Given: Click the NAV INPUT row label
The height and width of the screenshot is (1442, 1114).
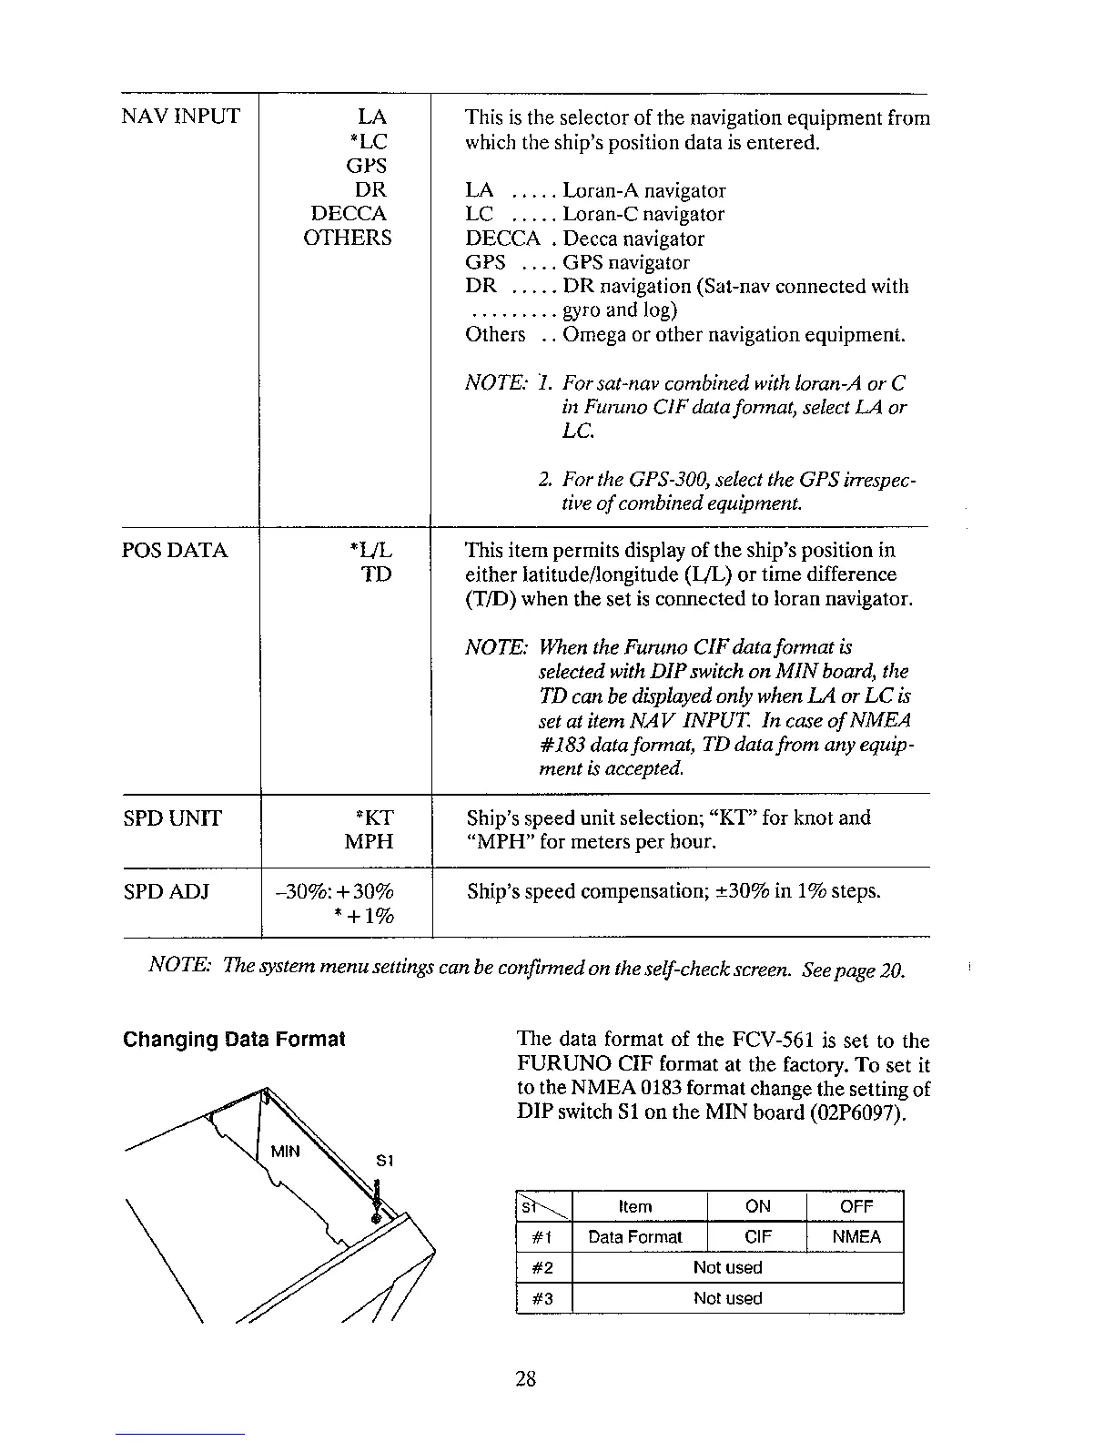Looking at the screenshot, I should pos(181,117).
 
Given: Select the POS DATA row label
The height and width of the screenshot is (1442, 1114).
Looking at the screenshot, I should pos(175,551).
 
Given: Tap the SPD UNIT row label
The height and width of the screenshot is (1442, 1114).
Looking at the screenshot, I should pos(172,818).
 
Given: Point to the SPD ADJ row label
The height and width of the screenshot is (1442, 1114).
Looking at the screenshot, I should pos(167,891).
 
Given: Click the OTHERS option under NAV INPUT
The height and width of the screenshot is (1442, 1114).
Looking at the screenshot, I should pos(348,239).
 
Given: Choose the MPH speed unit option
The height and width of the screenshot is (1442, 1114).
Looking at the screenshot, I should pos(369,842).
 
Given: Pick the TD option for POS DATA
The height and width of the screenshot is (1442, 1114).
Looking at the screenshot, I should pos(377,574).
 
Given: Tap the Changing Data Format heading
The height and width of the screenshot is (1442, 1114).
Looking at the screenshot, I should pos(234,1040).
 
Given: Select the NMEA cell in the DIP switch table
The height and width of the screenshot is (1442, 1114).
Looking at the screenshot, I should pos(856,1237).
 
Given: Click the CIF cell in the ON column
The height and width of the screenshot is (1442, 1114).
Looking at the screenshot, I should pos(758,1237).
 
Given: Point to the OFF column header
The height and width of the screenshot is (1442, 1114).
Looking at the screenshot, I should pos(856,1207).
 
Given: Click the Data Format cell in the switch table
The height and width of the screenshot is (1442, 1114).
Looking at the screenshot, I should pos(635,1237).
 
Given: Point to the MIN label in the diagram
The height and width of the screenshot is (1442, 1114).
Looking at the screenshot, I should pos(285,1152).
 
